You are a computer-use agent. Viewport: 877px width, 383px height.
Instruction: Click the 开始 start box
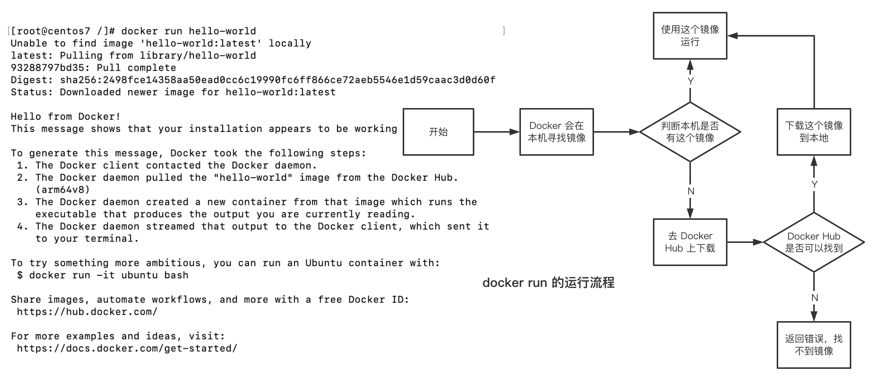click(438, 132)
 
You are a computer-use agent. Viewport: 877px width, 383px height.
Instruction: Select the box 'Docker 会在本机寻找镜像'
click(556, 132)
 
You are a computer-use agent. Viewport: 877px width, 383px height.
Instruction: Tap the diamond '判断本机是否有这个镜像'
click(690, 132)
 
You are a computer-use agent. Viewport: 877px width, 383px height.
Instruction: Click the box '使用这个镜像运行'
click(690, 36)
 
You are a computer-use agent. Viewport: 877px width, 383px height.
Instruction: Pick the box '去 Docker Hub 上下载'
click(690, 242)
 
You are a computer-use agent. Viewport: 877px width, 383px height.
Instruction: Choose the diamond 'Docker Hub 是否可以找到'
click(814, 242)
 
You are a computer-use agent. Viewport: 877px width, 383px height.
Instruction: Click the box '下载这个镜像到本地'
click(814, 132)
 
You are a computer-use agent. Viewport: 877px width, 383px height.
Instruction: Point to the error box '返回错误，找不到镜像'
click(814, 345)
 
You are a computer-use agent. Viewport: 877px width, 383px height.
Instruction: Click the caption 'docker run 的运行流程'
click(548, 283)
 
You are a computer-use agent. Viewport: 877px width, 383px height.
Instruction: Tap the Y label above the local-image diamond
click(691, 81)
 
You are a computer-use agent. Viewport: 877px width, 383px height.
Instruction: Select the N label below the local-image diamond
click(691, 191)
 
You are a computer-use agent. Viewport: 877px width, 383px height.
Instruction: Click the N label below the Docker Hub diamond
click(814, 298)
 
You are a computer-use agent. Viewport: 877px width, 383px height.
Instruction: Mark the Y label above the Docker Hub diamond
click(814, 184)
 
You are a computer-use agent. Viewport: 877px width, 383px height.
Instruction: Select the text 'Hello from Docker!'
click(66, 117)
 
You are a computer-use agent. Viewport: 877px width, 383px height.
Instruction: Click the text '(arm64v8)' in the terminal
click(63, 190)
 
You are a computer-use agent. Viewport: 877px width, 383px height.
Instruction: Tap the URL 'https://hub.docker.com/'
click(87, 312)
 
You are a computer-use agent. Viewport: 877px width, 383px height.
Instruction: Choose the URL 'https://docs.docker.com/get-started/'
click(127, 349)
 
